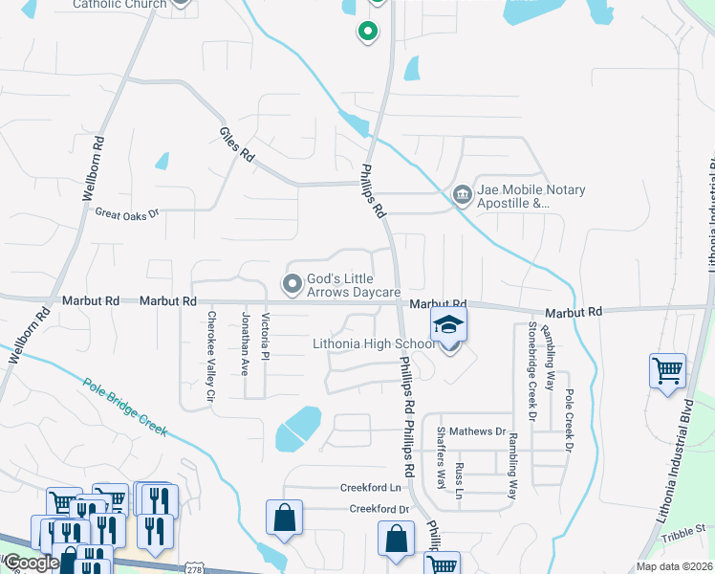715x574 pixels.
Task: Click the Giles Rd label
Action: (x=237, y=144)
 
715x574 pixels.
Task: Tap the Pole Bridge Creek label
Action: (x=125, y=408)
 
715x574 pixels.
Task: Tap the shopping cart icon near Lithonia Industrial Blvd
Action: (x=667, y=370)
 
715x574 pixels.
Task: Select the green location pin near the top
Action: (x=366, y=33)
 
